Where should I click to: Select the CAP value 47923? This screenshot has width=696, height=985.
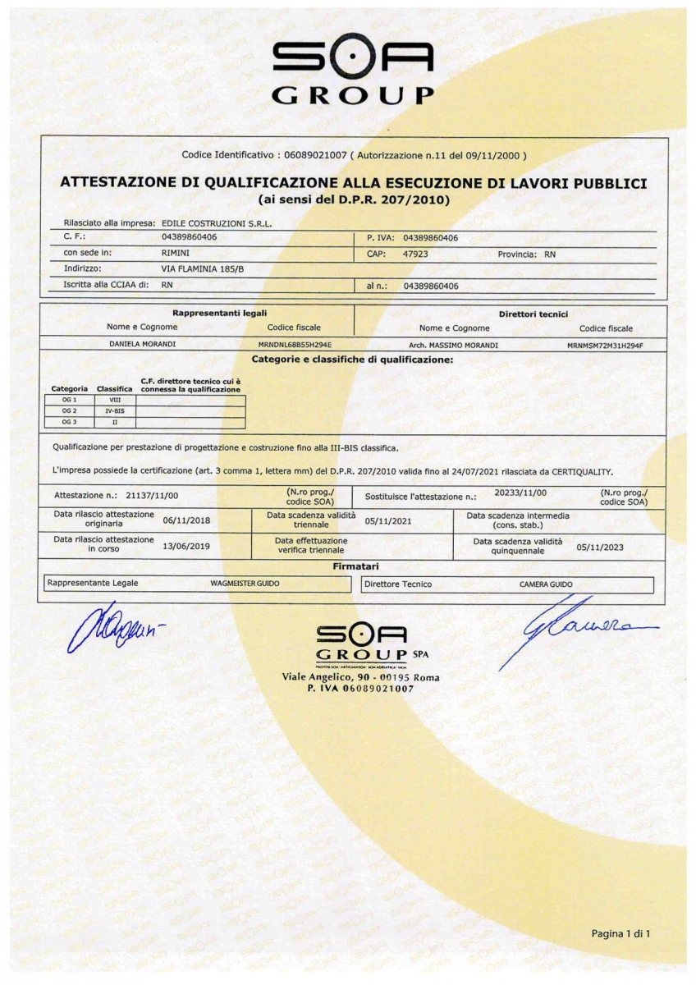pos(415,254)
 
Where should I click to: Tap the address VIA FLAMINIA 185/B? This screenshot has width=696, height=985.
pos(203,268)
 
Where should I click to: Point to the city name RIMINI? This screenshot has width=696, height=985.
pos(176,254)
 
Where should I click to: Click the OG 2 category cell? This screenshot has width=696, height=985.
pos(69,410)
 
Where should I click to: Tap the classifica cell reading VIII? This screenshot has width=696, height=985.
pos(115,400)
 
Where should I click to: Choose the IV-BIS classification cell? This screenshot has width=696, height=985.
pos(115,410)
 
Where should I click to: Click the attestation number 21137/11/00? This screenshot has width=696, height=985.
pos(153,496)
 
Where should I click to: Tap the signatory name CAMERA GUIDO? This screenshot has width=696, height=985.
pos(546,584)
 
